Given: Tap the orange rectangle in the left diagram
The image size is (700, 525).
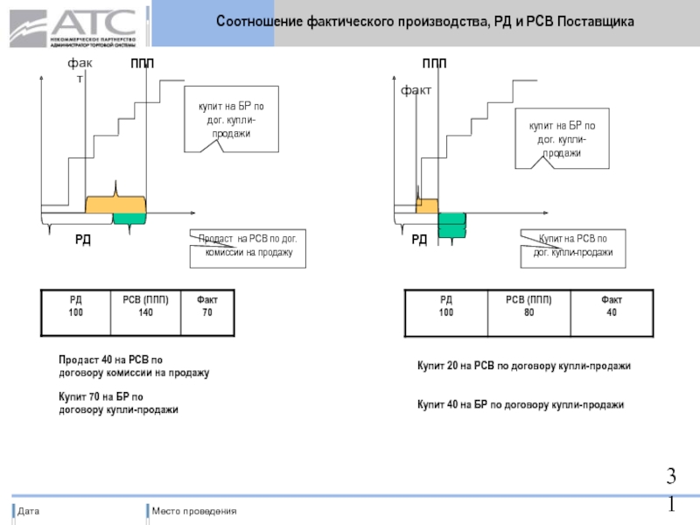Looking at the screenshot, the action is click(x=115, y=205).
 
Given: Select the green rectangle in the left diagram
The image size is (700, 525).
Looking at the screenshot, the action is click(x=129, y=219).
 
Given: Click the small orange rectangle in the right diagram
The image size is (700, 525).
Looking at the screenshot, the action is click(x=427, y=206).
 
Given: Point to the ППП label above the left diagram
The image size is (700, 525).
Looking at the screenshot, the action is click(x=143, y=64).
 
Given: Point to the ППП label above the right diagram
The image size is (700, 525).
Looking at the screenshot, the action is click(x=434, y=64).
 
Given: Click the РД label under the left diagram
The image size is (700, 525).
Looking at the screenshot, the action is click(x=82, y=239).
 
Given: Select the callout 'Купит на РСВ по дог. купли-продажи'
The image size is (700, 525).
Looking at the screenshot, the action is click(x=573, y=246).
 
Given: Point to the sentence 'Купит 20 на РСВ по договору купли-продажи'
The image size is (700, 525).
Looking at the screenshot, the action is click(x=523, y=365).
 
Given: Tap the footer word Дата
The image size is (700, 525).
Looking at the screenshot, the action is click(x=29, y=511).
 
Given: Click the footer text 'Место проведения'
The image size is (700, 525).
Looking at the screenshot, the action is click(x=193, y=511).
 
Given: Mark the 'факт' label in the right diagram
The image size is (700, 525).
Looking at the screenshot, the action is click(x=416, y=90).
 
